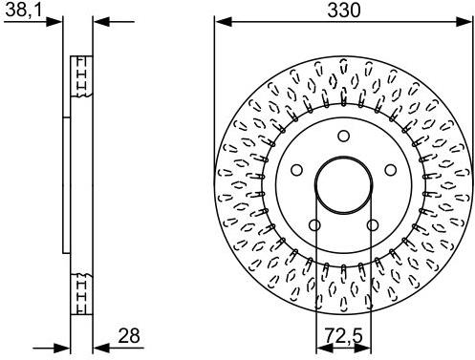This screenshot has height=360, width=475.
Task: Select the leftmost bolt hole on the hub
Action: point(297,171)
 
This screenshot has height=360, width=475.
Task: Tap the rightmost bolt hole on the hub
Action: point(389,171)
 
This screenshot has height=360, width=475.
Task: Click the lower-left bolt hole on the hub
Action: point(315,223)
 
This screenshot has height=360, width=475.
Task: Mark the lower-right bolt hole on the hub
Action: point(372,223)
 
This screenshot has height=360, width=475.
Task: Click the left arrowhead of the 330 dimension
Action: point(219,21)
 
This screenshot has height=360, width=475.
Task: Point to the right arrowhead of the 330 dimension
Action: point(467,21)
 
